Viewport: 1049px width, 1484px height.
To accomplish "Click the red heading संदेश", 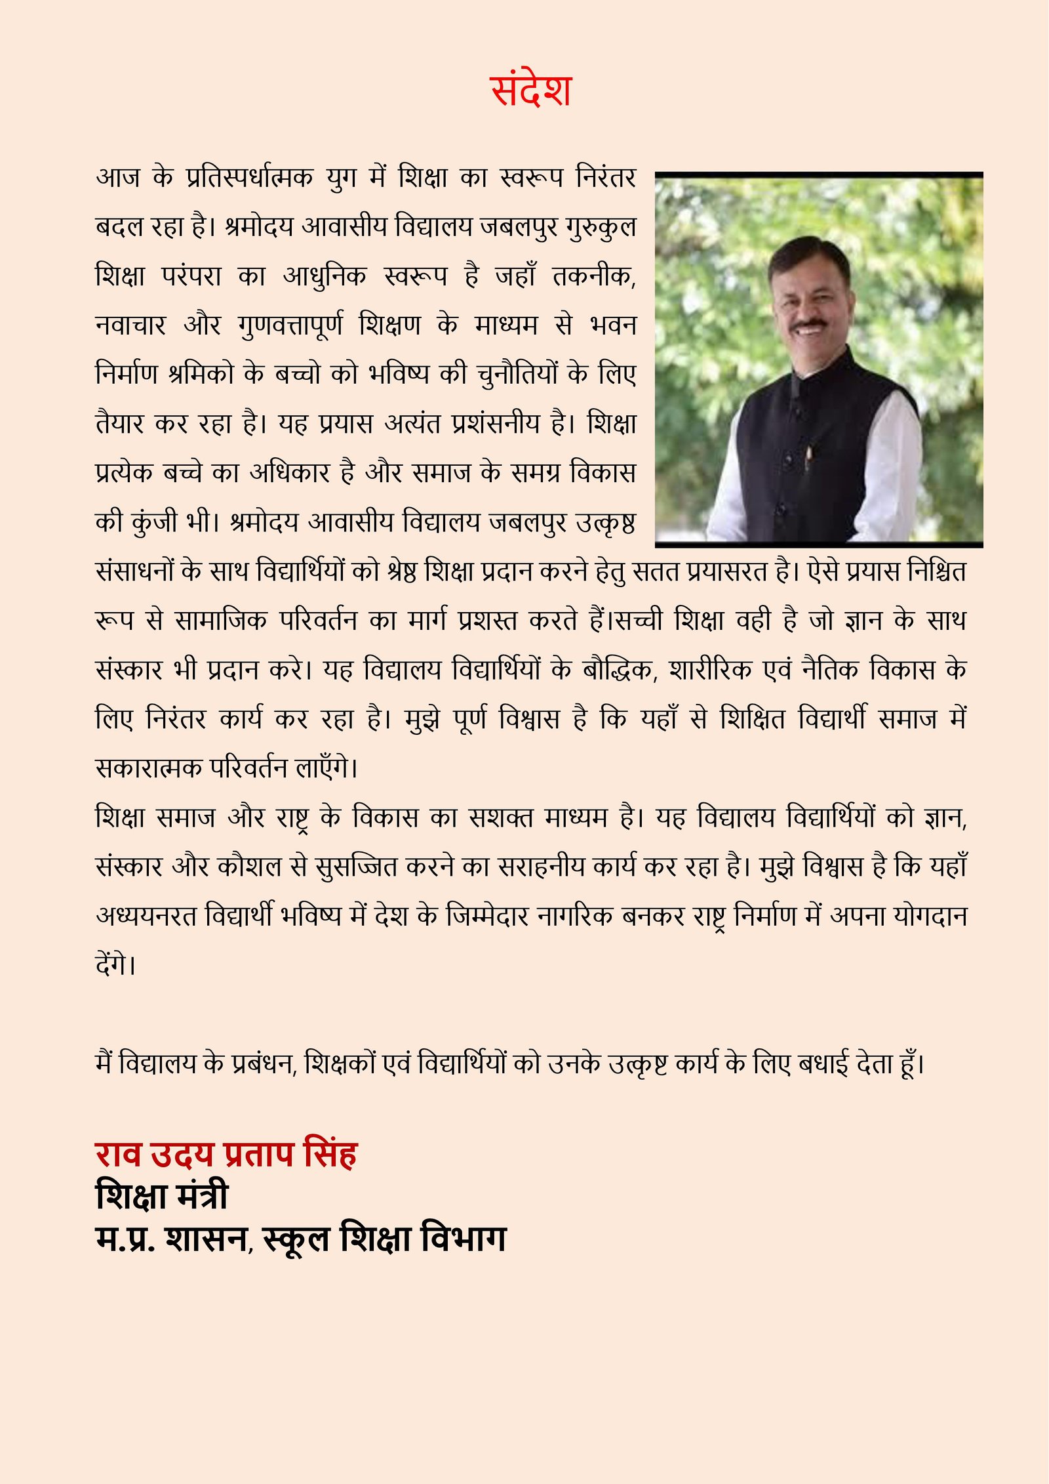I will tap(531, 91).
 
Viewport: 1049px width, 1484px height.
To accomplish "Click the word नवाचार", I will tap(130, 325).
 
